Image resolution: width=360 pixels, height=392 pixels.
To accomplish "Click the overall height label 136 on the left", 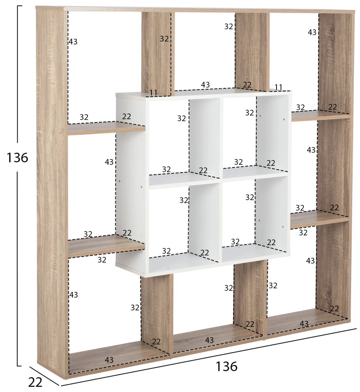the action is pyautogui.click(x=17, y=158).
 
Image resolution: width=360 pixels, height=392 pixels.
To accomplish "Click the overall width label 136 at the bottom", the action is pyautogui.click(x=226, y=367).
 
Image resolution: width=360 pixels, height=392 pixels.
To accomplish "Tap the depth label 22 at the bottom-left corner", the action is pyautogui.click(x=35, y=382).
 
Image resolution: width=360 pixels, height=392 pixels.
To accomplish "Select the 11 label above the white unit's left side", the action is pyautogui.click(x=153, y=93).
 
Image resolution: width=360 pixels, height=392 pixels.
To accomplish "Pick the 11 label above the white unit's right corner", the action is pyautogui.click(x=278, y=87).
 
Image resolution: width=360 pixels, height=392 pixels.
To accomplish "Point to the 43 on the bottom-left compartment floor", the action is pyautogui.click(x=109, y=360).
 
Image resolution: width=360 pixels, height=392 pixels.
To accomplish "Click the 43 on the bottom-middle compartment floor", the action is pyautogui.click(x=209, y=340).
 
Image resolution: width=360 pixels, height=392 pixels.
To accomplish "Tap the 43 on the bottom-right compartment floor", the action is pyautogui.click(x=304, y=324).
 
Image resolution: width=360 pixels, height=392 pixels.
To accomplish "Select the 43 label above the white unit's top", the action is pyautogui.click(x=205, y=85).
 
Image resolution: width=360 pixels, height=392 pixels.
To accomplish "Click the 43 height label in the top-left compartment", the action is pyautogui.click(x=73, y=42).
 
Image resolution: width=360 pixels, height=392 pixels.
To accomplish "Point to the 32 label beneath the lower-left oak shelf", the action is pyautogui.click(x=102, y=260).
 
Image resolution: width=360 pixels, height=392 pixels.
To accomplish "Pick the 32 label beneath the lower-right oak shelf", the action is pyautogui.click(x=303, y=233).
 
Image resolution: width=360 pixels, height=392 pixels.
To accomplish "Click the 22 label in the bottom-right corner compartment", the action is pyautogui.click(x=334, y=309).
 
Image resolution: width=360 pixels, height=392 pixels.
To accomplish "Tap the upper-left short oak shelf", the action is pyautogui.click(x=106, y=128).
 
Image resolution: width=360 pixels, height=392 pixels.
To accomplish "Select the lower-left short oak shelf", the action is pyautogui.click(x=106, y=246).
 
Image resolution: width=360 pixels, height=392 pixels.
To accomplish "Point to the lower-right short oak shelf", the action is pyautogui.click(x=320, y=219).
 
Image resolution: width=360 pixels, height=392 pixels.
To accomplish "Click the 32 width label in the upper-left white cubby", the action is pyautogui.click(x=167, y=169).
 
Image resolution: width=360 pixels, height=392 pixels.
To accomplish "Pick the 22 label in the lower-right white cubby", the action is pyautogui.click(x=271, y=242).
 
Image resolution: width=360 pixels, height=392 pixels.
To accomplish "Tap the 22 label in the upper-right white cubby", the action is pyautogui.click(x=271, y=163).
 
